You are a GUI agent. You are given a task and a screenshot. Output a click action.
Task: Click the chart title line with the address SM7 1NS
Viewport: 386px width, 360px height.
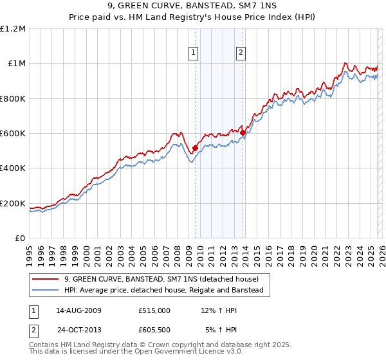point(192,6)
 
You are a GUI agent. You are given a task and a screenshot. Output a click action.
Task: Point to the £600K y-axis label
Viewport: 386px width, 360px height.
point(13,134)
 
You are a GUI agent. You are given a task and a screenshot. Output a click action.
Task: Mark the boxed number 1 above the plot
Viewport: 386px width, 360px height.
point(194,53)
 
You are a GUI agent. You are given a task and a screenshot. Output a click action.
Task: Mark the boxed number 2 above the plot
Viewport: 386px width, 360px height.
point(241,53)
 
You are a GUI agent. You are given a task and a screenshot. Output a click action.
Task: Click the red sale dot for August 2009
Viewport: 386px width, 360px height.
point(195,148)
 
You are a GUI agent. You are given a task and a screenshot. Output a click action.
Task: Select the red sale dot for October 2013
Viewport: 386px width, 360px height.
point(243,133)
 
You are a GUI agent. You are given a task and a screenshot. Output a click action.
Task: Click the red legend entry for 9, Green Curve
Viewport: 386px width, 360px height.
point(161,279)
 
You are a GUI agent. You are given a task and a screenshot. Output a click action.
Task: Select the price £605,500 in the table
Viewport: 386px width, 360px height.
point(154,330)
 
